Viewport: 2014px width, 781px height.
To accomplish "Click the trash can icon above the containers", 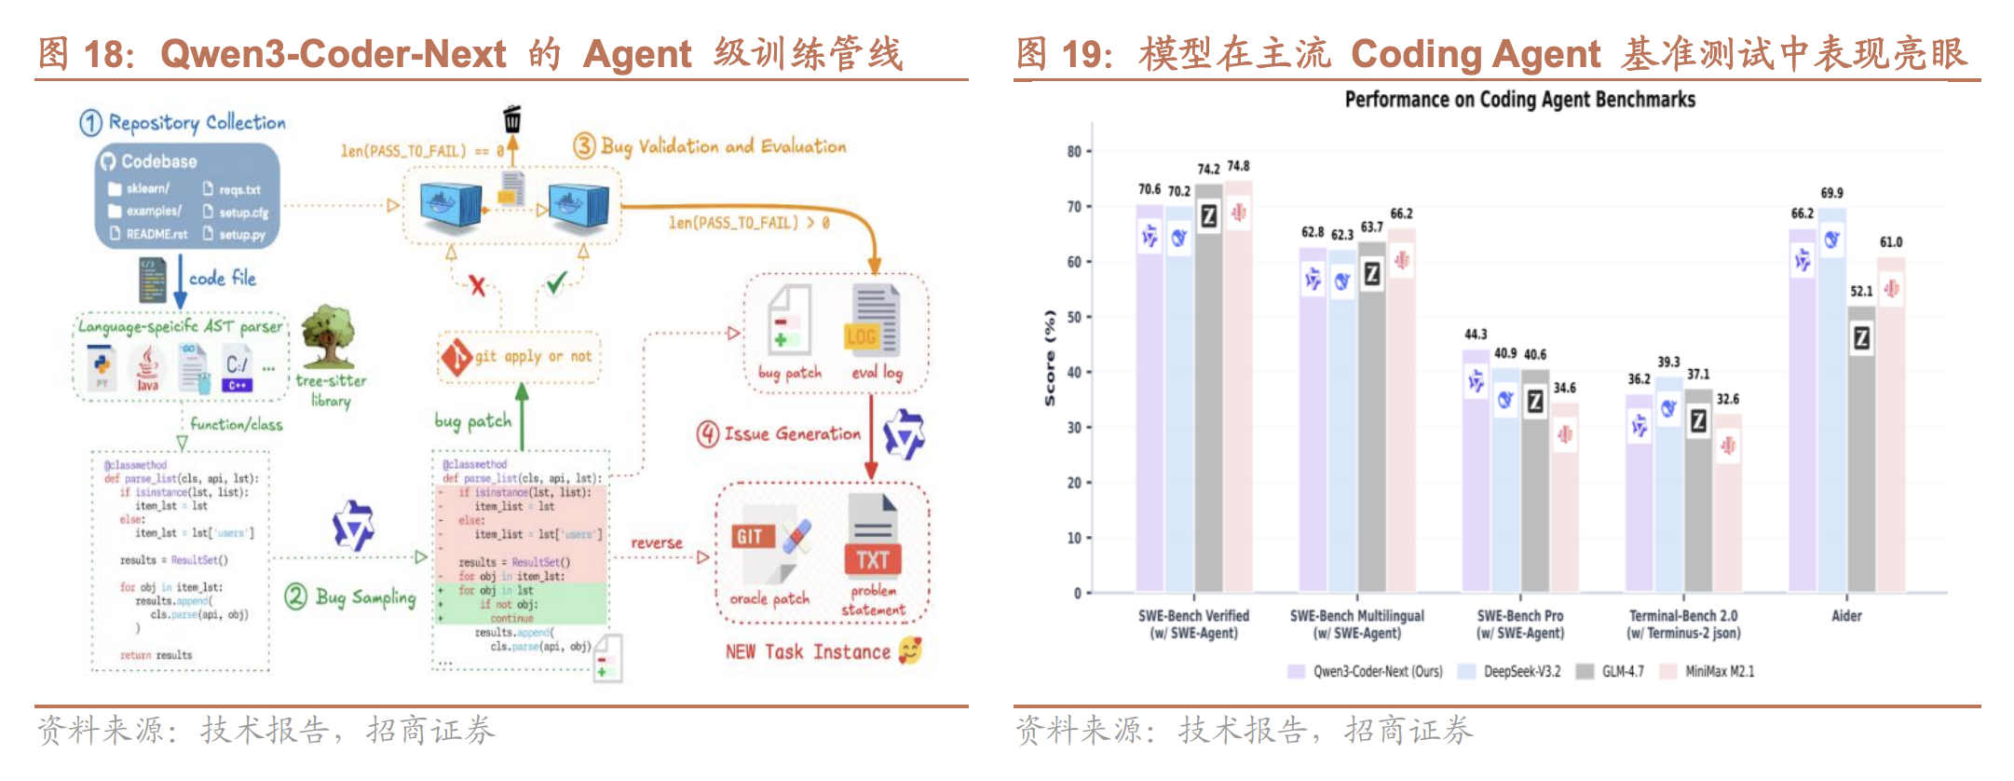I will click(x=511, y=119).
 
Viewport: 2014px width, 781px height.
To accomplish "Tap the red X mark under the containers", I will click(x=477, y=285).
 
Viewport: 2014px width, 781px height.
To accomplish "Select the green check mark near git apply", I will click(x=556, y=282).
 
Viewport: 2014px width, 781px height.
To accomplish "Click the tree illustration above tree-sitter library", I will click(x=327, y=336).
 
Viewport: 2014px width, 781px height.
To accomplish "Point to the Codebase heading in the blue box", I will click(x=158, y=161).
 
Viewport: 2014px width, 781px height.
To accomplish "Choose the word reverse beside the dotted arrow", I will click(x=657, y=542).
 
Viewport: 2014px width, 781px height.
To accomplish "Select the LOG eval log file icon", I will click(x=875, y=322).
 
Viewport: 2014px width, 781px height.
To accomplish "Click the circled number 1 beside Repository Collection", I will click(x=90, y=123).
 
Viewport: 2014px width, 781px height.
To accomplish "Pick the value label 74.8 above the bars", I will click(x=1238, y=166).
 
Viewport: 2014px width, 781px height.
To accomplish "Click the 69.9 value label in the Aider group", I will click(x=1831, y=193).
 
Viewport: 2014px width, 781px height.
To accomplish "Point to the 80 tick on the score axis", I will click(x=1074, y=151).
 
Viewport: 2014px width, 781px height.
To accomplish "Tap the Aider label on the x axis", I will click(x=1846, y=616).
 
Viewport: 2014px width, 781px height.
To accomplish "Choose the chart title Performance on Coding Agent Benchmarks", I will click(x=1519, y=100).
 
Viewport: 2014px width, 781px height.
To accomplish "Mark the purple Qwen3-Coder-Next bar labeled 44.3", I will click(x=1476, y=471).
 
